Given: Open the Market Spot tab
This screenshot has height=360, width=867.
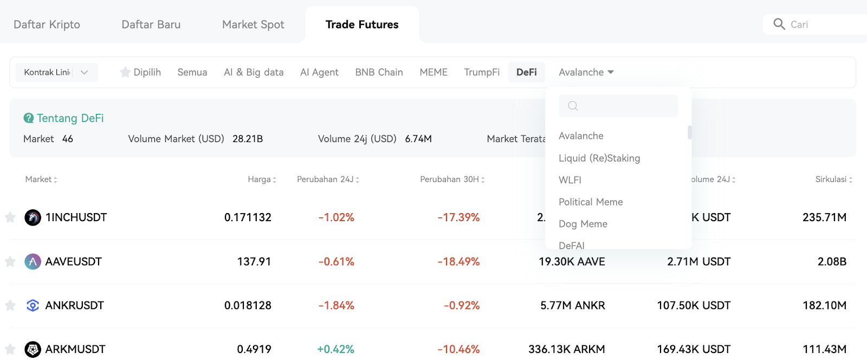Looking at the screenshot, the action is [253, 24].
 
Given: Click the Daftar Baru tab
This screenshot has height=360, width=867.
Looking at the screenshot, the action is [151, 24].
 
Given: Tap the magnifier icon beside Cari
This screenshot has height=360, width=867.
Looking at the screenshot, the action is [779, 24].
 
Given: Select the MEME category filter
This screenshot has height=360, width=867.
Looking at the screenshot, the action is [433, 72].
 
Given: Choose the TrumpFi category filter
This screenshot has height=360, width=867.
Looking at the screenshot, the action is [482, 72].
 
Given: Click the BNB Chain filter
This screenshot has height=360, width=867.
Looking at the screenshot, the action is [379, 72].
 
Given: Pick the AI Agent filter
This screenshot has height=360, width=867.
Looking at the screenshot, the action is [319, 72].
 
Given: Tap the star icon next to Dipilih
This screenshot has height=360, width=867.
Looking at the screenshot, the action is [125, 72].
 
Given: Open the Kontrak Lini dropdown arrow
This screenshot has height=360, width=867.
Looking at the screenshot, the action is [85, 73].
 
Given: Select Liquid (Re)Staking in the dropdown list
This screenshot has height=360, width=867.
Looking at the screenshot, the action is [599, 158].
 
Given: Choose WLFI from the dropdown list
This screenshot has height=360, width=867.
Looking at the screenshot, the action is [570, 180].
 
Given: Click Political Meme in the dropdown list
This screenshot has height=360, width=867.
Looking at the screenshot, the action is [591, 202].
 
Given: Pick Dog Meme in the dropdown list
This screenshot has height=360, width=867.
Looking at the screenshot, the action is [583, 224].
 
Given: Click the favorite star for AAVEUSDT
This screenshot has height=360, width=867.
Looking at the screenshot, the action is [10, 262].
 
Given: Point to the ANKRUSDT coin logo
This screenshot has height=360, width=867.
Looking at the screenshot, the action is [33, 305].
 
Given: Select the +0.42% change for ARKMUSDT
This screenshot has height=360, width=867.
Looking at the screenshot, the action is [335, 349].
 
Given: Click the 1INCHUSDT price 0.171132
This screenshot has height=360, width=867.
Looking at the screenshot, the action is [248, 217].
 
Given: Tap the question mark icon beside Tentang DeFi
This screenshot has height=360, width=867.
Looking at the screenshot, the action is [28, 118].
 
